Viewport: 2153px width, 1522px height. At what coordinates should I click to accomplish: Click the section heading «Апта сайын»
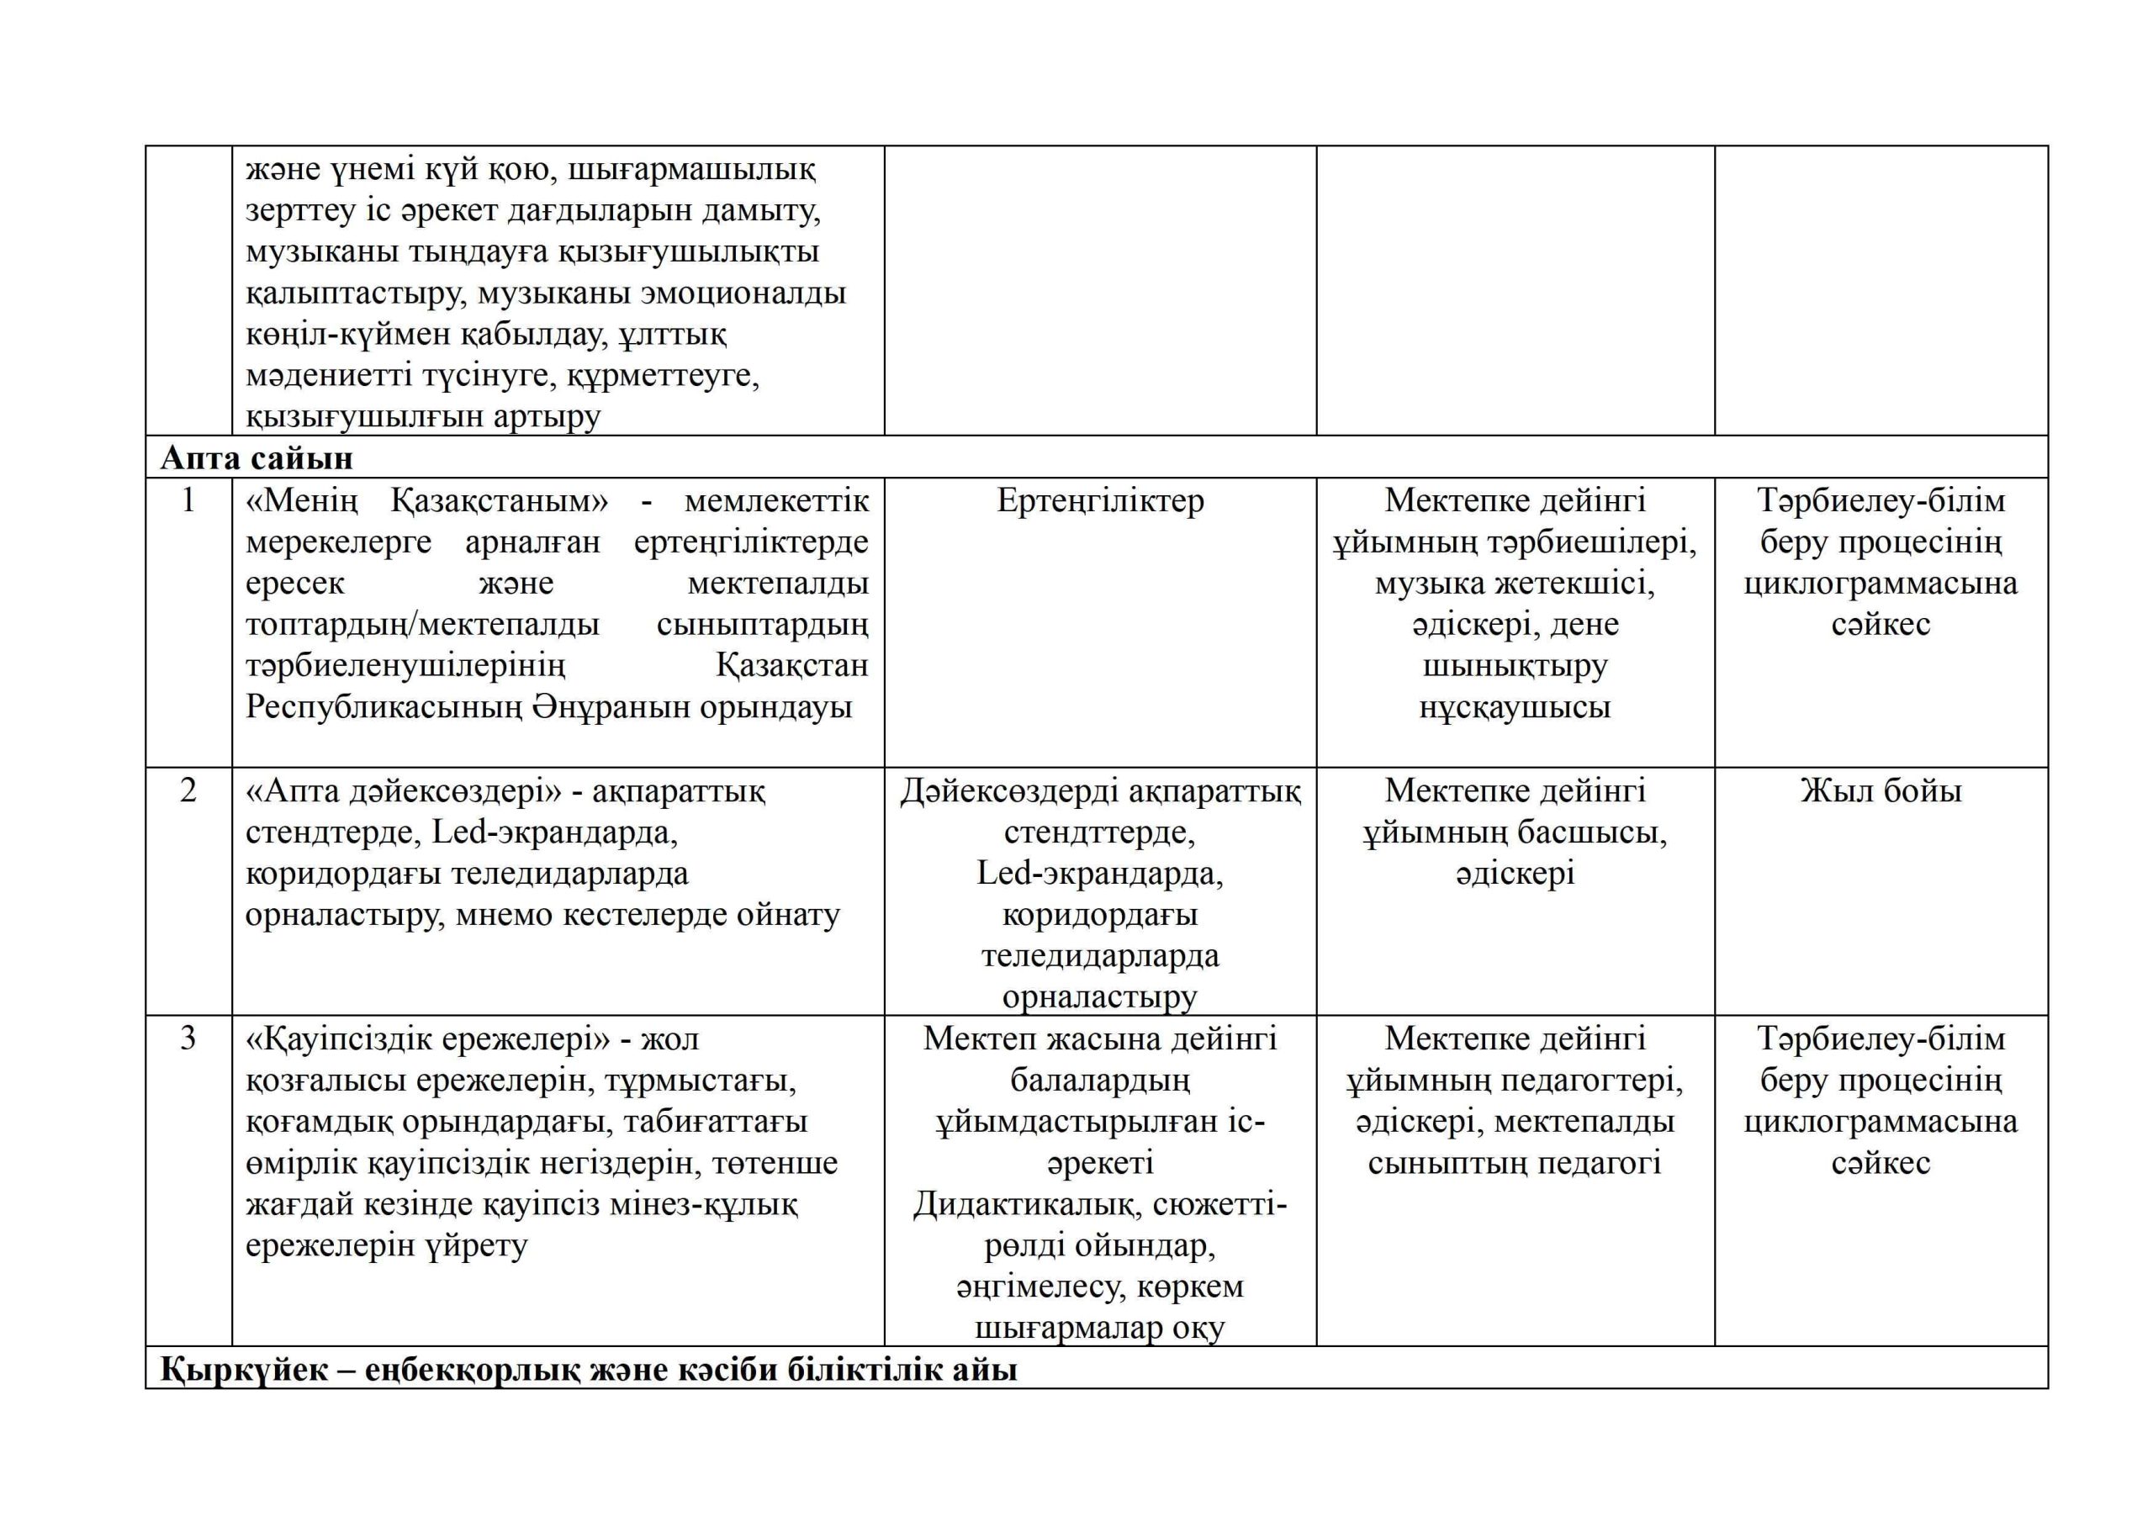256,457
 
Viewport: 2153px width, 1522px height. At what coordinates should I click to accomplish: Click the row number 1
188,501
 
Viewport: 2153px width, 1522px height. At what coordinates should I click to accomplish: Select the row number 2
188,790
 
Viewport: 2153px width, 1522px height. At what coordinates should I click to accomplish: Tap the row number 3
188,1038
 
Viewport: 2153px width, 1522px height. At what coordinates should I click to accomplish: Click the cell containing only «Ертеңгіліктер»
1100,501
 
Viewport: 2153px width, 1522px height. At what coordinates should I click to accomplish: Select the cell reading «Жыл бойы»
1881,790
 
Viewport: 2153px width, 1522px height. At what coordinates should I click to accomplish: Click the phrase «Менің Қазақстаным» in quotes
426,501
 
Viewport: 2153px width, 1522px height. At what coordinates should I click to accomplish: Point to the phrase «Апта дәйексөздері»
402,791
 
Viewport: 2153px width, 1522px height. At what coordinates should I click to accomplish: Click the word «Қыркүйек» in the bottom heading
244,1370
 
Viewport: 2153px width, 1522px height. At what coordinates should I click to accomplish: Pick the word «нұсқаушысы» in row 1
1515,707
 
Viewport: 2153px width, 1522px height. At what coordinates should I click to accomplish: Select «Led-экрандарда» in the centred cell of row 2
1100,874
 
